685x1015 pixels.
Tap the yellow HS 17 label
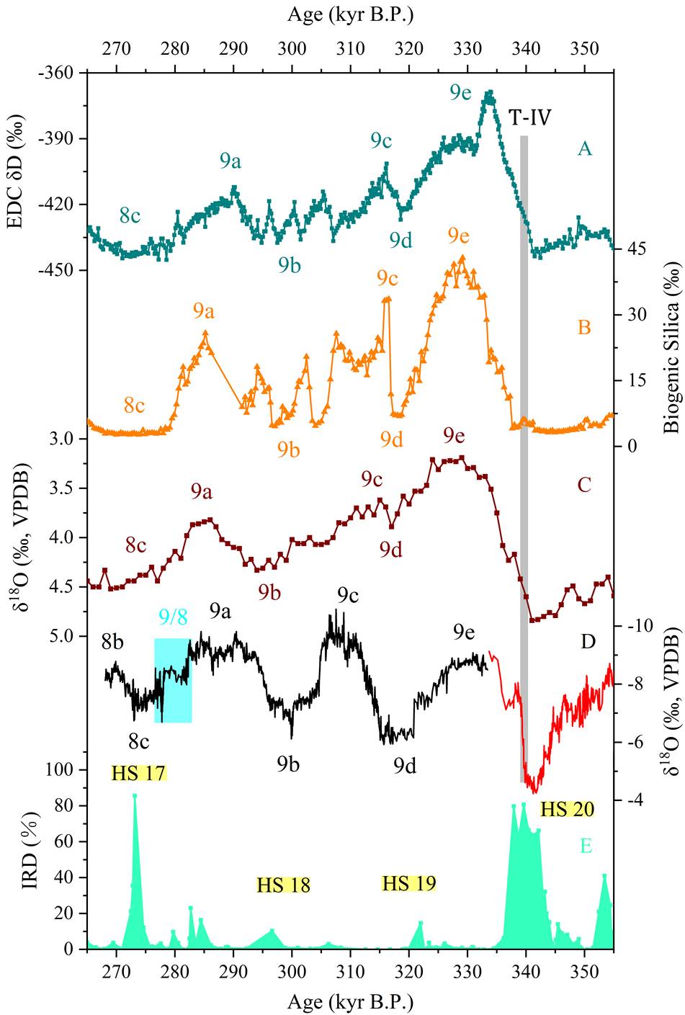click(139, 774)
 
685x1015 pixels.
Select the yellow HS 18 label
click(284, 885)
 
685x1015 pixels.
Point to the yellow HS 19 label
click(409, 883)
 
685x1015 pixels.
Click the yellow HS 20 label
click(567, 809)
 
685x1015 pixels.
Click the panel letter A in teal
click(584, 148)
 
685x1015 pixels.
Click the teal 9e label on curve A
click(462, 92)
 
